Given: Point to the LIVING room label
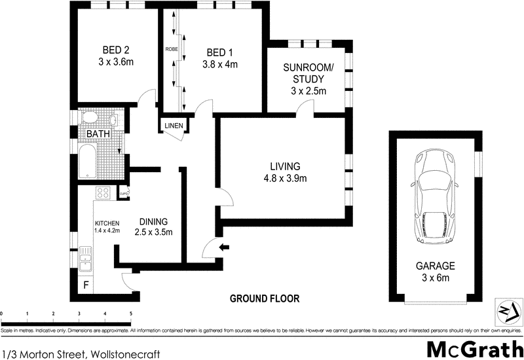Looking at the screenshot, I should [284, 166].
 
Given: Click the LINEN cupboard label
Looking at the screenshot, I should [174, 126].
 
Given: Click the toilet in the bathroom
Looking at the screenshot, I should [89, 119].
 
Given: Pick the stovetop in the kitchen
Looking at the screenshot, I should [103, 193].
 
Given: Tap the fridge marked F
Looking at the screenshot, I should [85, 285].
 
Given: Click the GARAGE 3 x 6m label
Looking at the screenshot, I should [434, 272].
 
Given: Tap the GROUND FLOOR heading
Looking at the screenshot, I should [264, 298].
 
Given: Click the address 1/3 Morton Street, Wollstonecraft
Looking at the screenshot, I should [80, 353].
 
